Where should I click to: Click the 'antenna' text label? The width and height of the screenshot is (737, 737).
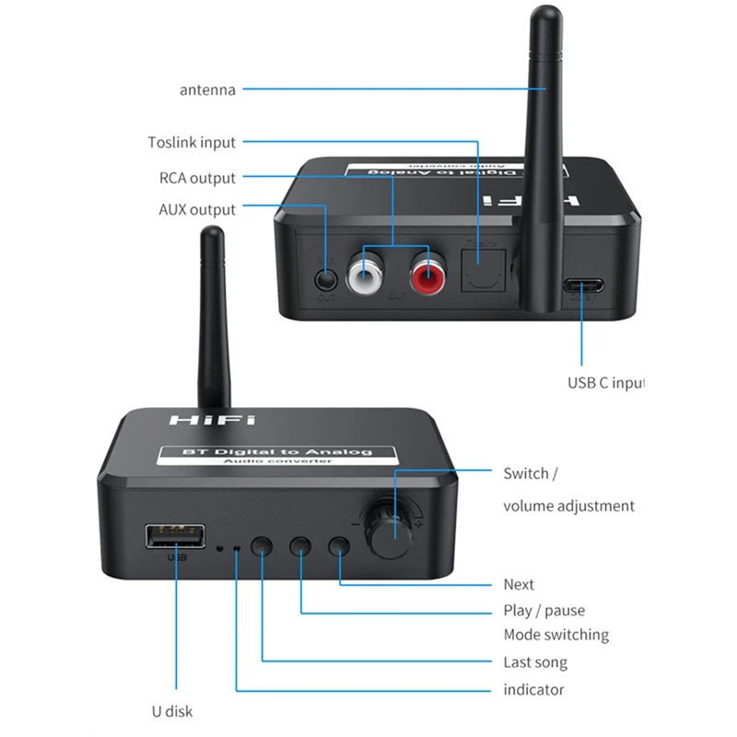[x=207, y=90]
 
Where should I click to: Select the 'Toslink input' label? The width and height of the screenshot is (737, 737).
[x=192, y=143]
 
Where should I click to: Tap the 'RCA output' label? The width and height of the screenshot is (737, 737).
[x=197, y=178]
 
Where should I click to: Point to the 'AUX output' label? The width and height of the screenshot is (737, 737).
[x=197, y=210]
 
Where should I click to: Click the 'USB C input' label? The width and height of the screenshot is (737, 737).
[x=605, y=383]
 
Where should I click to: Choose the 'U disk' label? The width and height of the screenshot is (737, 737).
[x=172, y=711]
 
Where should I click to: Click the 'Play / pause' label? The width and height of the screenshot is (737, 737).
[x=544, y=610]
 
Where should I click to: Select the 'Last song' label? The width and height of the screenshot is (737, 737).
[x=535, y=662]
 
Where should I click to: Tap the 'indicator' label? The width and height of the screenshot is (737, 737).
[x=533, y=689]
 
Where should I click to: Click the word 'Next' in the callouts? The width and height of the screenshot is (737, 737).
[x=519, y=584]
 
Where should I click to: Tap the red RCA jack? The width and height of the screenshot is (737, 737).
[x=426, y=274]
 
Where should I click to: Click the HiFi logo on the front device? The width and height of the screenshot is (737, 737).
[x=201, y=420]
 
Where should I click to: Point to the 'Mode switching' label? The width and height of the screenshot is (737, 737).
[x=556, y=635]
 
